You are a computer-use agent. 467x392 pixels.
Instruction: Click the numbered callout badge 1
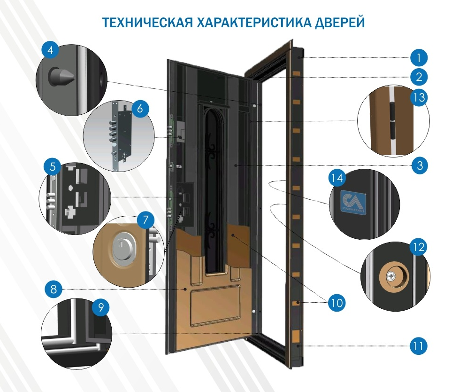tap(419, 58)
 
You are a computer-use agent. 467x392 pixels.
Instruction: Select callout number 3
tap(419, 165)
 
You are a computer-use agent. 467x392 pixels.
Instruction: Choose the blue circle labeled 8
tap(54, 289)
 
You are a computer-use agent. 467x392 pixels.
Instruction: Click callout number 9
tap(100, 307)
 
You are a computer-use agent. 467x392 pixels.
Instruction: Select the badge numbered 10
tap(336, 301)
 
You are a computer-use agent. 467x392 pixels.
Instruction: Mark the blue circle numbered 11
tap(419, 346)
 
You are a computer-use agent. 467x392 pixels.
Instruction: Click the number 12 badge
tap(418, 246)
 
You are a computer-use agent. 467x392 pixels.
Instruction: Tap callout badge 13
tap(419, 97)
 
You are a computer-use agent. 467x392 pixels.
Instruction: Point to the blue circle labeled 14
tap(338, 179)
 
